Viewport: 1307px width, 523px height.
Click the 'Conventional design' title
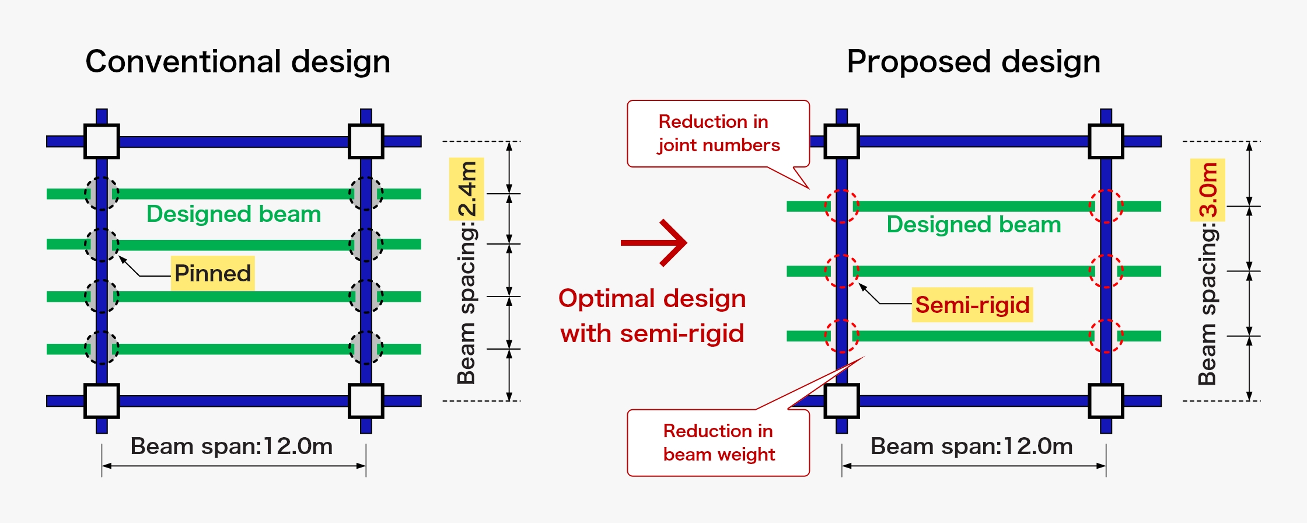[237, 62]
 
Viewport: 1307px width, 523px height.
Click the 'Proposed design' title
[973, 62]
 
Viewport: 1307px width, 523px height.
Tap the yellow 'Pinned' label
[212, 273]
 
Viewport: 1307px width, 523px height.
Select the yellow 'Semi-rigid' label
[972, 305]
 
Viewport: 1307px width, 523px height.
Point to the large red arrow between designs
[655, 243]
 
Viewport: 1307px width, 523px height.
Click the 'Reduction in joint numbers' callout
[718, 134]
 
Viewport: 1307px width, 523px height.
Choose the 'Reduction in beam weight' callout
[718, 443]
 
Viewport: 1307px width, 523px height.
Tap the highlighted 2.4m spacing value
[467, 189]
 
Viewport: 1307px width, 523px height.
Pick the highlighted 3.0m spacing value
[1208, 190]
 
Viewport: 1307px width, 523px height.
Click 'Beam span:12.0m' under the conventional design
[232, 447]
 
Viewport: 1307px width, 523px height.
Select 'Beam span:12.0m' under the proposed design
[971, 447]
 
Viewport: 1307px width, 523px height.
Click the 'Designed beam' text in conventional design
[233, 214]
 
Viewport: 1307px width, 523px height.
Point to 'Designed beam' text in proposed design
[973, 225]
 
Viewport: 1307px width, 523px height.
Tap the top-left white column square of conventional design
[102, 141]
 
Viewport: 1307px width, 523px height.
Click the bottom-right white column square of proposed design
[1106, 401]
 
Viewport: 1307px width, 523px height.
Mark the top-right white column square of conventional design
[366, 141]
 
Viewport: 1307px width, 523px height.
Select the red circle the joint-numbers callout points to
[841, 206]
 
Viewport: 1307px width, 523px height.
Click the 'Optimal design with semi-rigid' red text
[652, 316]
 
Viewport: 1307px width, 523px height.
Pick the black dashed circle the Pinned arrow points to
[102, 244]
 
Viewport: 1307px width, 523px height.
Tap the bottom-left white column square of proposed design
[841, 401]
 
